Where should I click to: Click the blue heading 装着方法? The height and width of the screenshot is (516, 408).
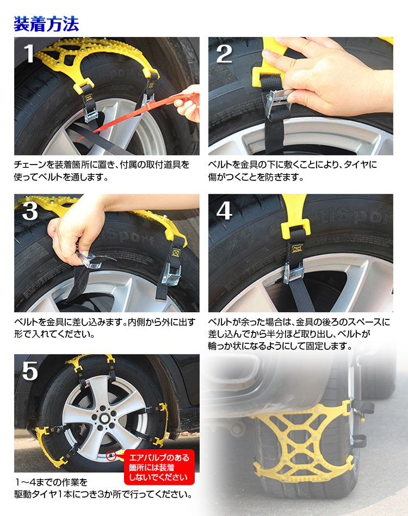pyautogui.click(x=46, y=24)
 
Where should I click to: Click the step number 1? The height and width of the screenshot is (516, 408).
pyautogui.click(x=29, y=53)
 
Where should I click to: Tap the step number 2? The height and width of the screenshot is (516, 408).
pyautogui.click(x=224, y=54)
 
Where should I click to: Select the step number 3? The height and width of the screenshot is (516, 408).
pyautogui.click(x=30, y=211)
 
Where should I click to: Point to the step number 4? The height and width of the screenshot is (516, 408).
pyautogui.click(x=225, y=211)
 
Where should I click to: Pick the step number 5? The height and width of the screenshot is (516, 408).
pyautogui.click(x=30, y=371)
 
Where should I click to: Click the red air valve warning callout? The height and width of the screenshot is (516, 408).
pyautogui.click(x=159, y=467)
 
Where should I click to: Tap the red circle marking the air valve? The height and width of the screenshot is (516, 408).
pyautogui.click(x=111, y=456)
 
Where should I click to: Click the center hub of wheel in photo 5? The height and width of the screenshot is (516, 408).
pyautogui.click(x=105, y=418)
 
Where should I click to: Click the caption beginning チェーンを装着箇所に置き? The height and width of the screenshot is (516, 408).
pyautogui.click(x=102, y=171)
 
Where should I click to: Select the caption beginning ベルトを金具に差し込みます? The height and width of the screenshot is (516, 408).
pyautogui.click(x=105, y=328)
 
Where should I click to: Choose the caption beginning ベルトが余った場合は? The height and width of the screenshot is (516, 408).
pyautogui.click(x=299, y=333)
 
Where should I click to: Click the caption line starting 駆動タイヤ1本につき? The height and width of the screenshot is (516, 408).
pyautogui.click(x=103, y=494)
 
